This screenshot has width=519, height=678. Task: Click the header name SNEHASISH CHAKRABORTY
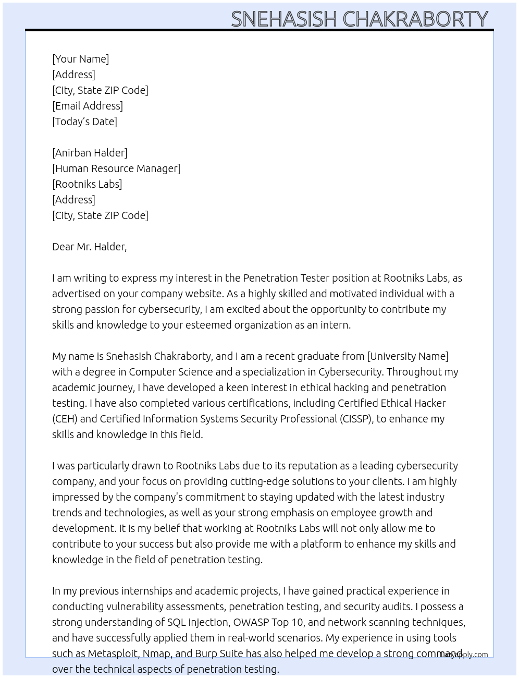359,19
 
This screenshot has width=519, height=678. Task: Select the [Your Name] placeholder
80,59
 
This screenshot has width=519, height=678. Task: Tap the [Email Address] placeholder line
88,106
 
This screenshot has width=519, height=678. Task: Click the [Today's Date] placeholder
84,122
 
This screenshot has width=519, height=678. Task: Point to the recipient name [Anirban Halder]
90,153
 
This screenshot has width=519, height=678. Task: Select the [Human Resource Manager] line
116,168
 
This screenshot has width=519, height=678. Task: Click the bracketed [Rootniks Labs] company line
87,184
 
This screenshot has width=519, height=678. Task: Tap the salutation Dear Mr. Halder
89,247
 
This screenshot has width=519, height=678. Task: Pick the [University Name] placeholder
407,356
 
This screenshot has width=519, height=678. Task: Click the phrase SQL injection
198,622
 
